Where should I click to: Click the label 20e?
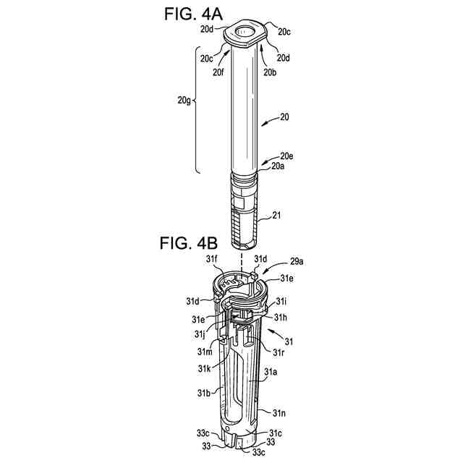[x=287, y=156]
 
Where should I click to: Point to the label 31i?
[x=281, y=301]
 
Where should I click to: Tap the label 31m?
[x=205, y=351]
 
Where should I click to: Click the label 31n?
[x=280, y=412]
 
